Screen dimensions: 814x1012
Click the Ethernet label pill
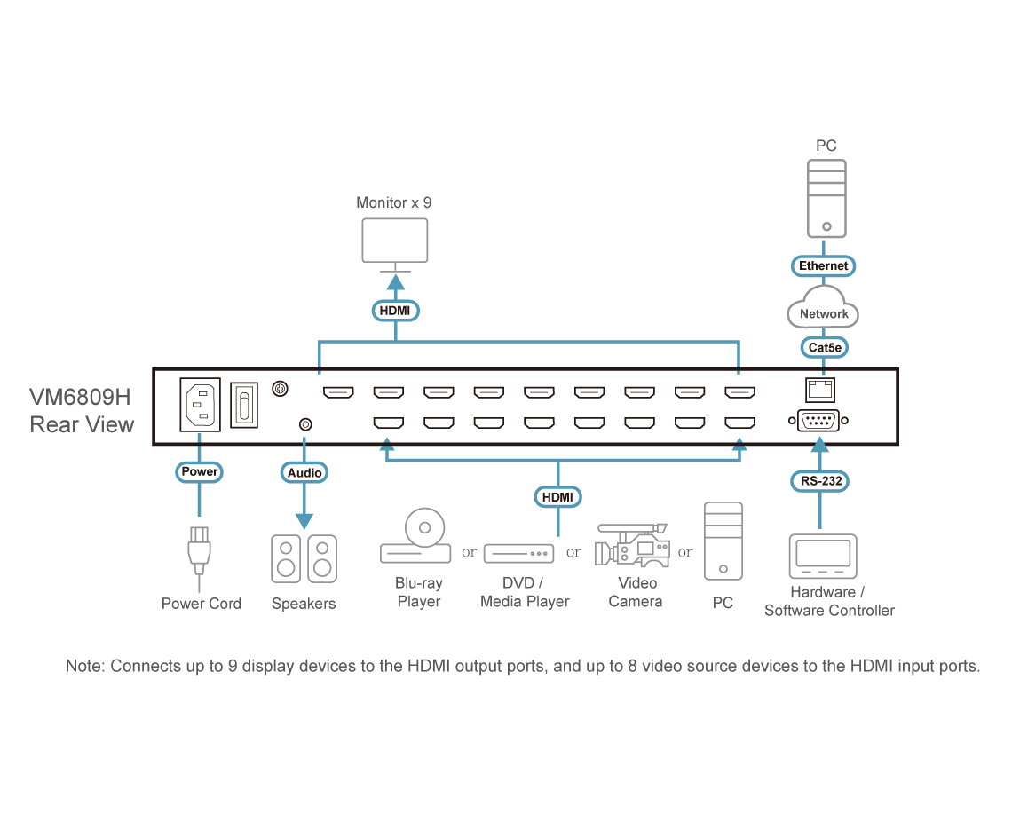[x=823, y=265]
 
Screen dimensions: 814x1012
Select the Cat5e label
[x=823, y=348]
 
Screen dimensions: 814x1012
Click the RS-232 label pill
[x=820, y=481]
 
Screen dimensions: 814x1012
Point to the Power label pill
[x=199, y=471]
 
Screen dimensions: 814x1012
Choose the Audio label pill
[x=304, y=472]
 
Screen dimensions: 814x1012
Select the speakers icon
[x=304, y=558]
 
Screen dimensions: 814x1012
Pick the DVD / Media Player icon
[x=518, y=553]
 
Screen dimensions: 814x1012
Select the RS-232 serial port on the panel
[x=815, y=420]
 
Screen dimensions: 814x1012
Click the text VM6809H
[x=81, y=396]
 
